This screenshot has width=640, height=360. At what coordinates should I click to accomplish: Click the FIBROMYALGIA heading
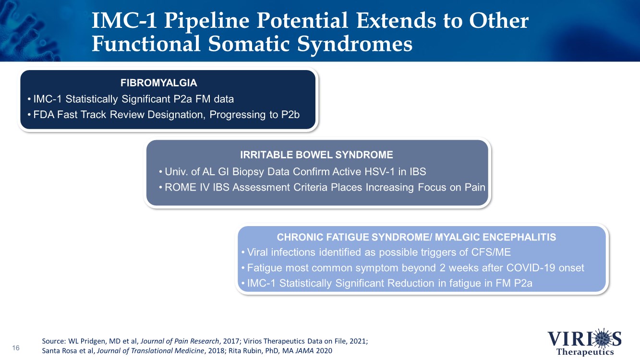[x=158, y=83]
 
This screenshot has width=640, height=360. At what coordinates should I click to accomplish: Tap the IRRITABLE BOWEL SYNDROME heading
[x=316, y=155]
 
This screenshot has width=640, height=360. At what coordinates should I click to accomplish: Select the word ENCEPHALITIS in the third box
[x=519, y=237]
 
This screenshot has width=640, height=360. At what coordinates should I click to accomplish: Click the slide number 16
[x=16, y=348]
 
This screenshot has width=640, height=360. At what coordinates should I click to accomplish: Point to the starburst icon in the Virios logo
[x=603, y=338]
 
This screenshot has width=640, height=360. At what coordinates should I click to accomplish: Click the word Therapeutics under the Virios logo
[x=585, y=352]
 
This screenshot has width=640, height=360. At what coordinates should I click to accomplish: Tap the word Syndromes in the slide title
[x=355, y=45]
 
